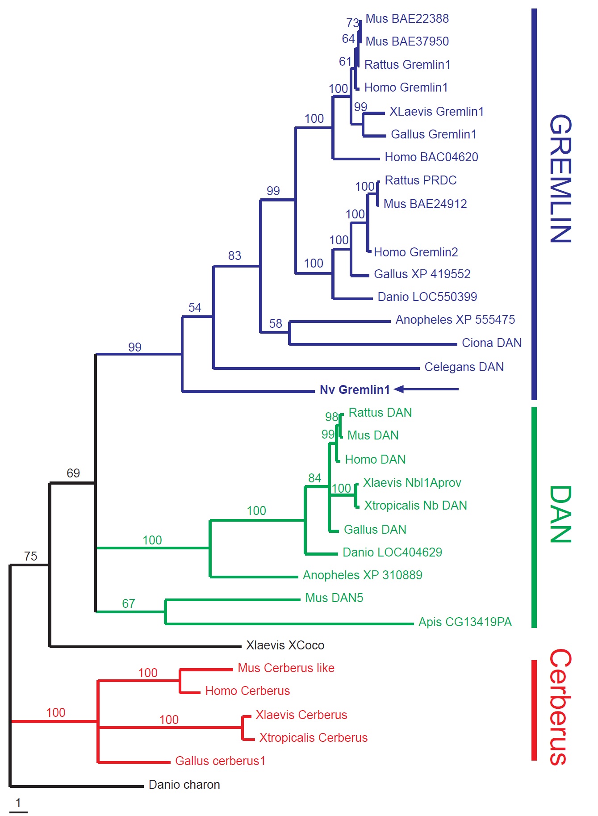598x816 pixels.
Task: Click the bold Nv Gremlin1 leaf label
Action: (355, 390)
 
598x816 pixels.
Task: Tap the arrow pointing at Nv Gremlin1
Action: (427, 389)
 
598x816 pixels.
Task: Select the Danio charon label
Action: (184, 785)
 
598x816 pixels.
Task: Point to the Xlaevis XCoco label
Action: (285, 645)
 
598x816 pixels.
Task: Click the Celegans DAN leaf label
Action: (464, 367)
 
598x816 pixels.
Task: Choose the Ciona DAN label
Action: (491, 343)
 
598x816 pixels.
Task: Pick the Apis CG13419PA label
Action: (464, 622)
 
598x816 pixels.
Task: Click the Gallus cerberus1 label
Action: (220, 761)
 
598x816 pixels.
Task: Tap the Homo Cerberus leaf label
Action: (247, 691)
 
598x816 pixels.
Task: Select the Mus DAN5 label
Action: (334, 598)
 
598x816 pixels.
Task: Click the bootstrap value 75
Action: (31, 557)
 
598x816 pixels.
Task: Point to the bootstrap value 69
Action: (73, 473)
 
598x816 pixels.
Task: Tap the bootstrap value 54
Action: (195, 308)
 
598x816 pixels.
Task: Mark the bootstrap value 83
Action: (234, 256)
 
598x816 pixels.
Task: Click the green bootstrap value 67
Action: (129, 604)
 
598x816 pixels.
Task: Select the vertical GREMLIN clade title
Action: (560, 179)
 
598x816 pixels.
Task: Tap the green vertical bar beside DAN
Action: (534, 517)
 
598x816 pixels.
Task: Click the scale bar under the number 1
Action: (18, 812)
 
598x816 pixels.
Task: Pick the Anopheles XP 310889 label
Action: (362, 575)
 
